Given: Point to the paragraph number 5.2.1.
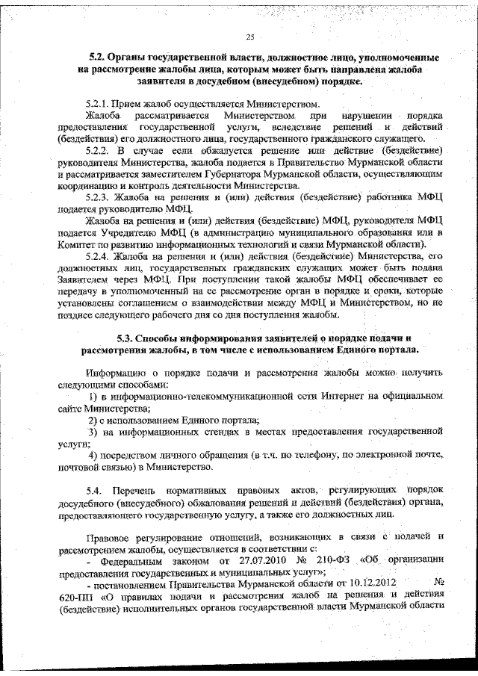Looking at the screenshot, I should click(99, 104).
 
